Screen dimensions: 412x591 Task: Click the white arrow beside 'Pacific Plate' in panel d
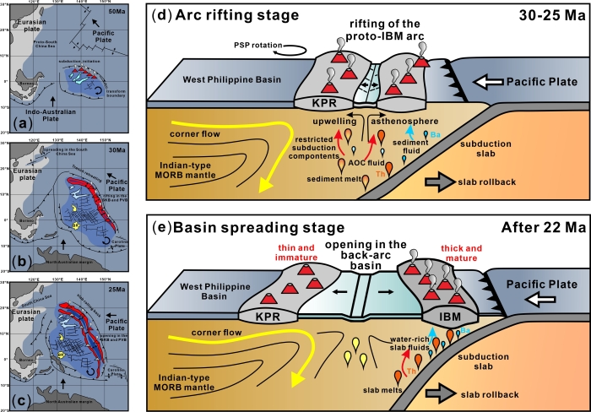click(538, 83)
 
